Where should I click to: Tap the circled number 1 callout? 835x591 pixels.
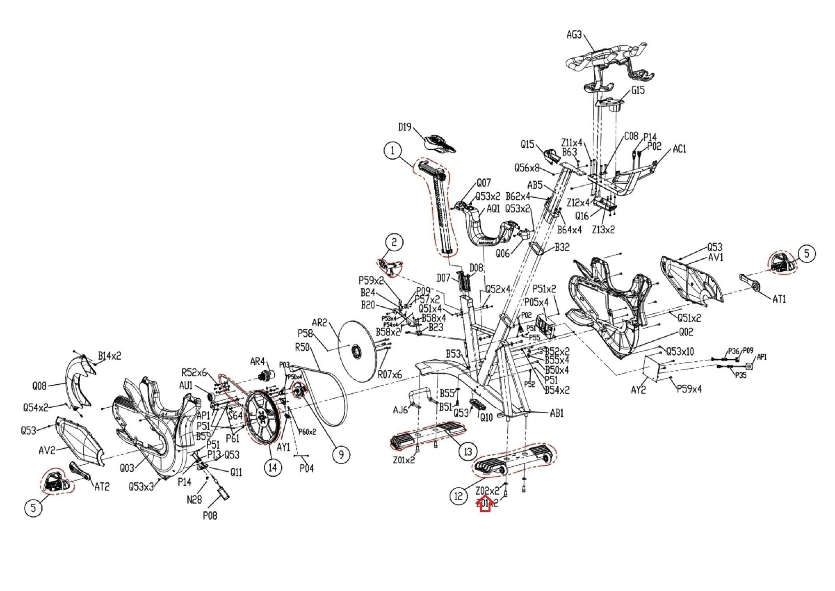(393, 151)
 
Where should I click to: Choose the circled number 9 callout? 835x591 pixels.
(341, 454)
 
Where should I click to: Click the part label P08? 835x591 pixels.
(210, 515)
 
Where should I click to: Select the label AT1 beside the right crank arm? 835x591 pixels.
(779, 299)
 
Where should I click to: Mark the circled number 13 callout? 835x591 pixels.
(468, 451)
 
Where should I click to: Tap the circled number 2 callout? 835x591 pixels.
(394, 242)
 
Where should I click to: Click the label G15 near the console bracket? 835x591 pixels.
(638, 90)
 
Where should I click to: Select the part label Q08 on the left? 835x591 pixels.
(40, 385)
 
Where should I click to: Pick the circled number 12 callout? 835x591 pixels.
(459, 496)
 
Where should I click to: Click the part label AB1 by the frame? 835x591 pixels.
(557, 413)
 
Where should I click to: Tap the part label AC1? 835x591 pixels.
(679, 149)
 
